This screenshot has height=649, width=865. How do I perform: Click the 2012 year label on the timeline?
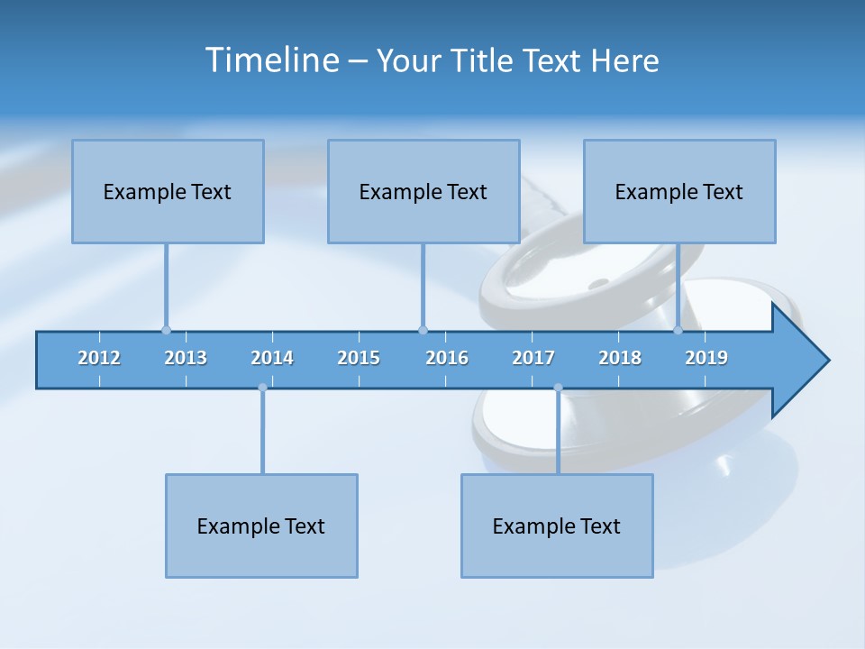[x=99, y=358]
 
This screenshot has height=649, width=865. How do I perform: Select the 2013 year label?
[x=186, y=358]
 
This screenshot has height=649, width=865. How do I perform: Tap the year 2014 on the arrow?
[x=272, y=358]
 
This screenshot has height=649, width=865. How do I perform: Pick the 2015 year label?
[x=359, y=358]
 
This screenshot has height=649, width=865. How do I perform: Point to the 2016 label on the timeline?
[x=447, y=358]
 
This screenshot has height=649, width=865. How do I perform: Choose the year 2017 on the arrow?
[x=533, y=358]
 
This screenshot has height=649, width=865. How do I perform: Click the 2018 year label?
[x=620, y=358]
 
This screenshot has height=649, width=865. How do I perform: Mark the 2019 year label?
[x=706, y=358]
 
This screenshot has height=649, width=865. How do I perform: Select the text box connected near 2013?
[x=168, y=191]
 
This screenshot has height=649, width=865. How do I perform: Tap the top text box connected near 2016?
[x=423, y=191]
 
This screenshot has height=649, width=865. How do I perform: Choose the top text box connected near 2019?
[x=679, y=191]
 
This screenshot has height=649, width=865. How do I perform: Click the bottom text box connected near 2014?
[x=261, y=526]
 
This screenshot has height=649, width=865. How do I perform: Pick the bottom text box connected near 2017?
[x=557, y=526]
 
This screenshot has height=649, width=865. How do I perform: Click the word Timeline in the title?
[x=271, y=60]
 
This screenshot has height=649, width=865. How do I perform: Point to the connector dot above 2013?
[x=166, y=330]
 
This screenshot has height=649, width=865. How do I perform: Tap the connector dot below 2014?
[x=262, y=388]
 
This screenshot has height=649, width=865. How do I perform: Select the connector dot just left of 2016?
[x=423, y=330]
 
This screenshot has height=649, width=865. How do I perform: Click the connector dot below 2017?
[x=558, y=388]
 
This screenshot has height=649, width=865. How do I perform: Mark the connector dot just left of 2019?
[x=678, y=330]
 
